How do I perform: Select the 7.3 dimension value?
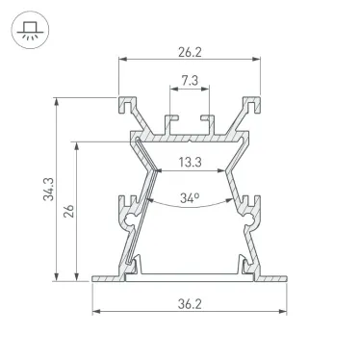coord(190,82)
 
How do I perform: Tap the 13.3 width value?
coord(190,161)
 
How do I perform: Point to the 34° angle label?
coord(190,199)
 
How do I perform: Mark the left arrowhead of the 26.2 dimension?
coord(122,59)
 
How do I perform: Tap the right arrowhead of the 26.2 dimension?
coord(259,59)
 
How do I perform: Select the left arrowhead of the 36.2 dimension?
coord(96,312)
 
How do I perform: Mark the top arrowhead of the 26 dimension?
coord(76,141)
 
